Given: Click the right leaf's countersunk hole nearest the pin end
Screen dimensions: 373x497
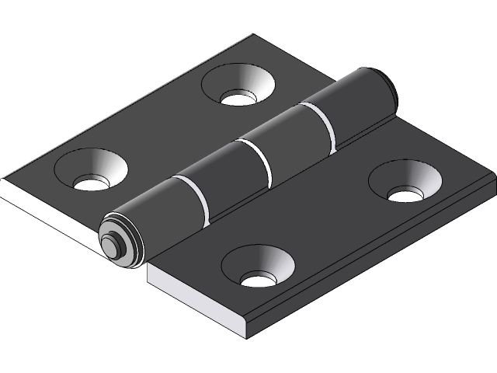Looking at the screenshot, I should click(x=257, y=266).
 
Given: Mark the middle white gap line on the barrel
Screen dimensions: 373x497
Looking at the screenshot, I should click(x=260, y=159).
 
